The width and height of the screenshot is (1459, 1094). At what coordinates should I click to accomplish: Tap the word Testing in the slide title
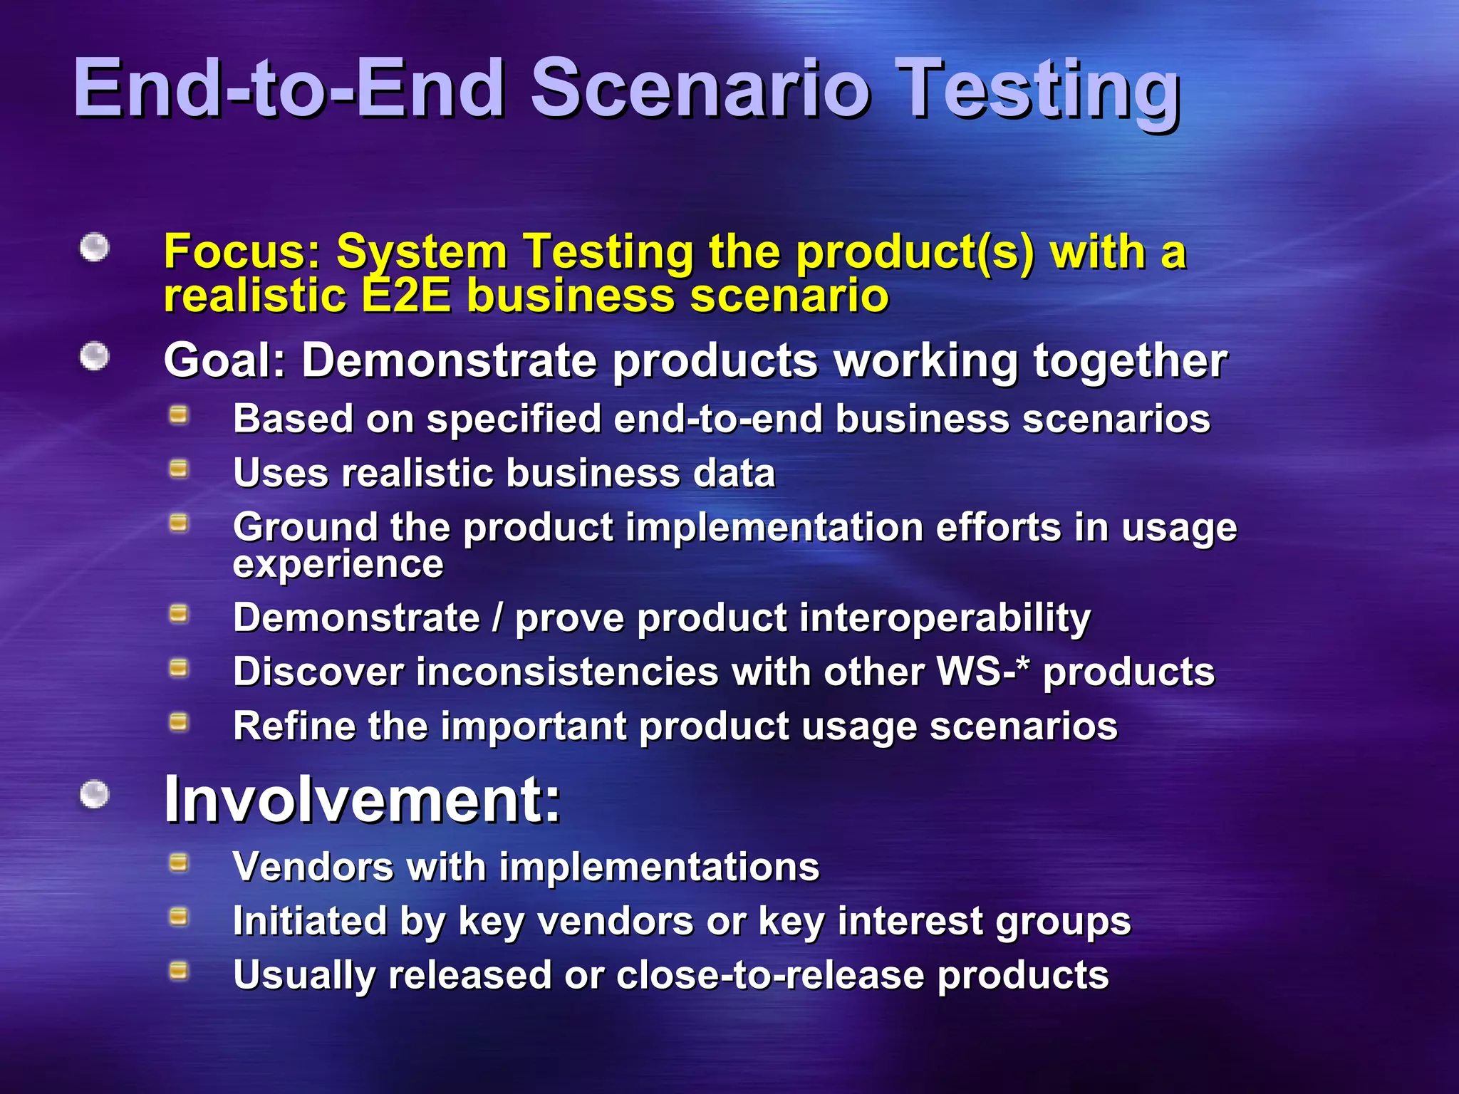pyautogui.click(x=1037, y=91)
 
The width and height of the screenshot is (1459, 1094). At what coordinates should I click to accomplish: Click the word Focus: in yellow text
pyautogui.click(x=242, y=252)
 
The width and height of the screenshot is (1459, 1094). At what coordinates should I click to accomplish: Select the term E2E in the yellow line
pyautogui.click(x=406, y=296)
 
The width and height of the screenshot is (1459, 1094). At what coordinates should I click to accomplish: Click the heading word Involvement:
pyautogui.click(x=362, y=800)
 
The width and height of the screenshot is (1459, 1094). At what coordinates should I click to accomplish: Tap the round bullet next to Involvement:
pyautogui.click(x=94, y=794)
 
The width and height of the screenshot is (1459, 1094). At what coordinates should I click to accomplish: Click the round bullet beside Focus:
pyautogui.click(x=94, y=249)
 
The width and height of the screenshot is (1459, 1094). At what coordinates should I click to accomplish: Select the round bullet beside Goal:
pyautogui.click(x=94, y=357)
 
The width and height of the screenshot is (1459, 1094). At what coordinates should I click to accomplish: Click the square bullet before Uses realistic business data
pyautogui.click(x=179, y=469)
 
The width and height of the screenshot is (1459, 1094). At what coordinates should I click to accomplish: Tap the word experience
pyautogui.click(x=338, y=565)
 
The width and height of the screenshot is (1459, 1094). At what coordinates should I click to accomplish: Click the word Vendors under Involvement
pyautogui.click(x=313, y=867)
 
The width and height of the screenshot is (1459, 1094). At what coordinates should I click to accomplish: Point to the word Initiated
pyautogui.click(x=309, y=921)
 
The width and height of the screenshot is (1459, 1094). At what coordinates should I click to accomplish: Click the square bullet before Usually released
pyautogui.click(x=179, y=971)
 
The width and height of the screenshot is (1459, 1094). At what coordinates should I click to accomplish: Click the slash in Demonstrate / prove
pyautogui.click(x=497, y=618)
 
